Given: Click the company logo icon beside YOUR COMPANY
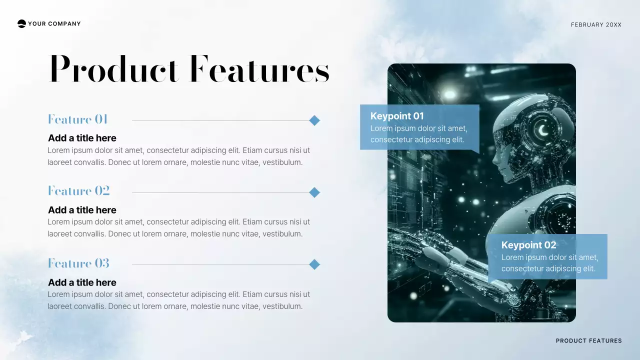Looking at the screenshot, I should pos(21,23).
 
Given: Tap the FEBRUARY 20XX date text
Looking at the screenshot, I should pos(596,24).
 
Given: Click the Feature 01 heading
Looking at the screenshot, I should pos(78,119).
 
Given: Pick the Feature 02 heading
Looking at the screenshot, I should pos(78,191).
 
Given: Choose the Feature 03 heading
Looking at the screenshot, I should pos(78,263).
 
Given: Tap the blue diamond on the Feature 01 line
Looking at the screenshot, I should pos(314,120).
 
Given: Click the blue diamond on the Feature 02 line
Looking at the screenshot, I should pos(314,192).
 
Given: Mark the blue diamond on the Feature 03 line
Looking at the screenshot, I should pos(314,264).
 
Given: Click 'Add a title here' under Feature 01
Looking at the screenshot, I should pos(82,138).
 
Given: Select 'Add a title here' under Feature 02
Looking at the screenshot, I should pos(82,210).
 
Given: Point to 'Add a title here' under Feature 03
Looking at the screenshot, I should pos(82,282).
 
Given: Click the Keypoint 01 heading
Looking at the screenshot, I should pos(397,116).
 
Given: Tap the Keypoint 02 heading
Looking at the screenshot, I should pos(528,245).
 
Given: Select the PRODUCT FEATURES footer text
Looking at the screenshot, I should pos(588,341).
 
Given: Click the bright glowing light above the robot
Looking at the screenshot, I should pos(450,94).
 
